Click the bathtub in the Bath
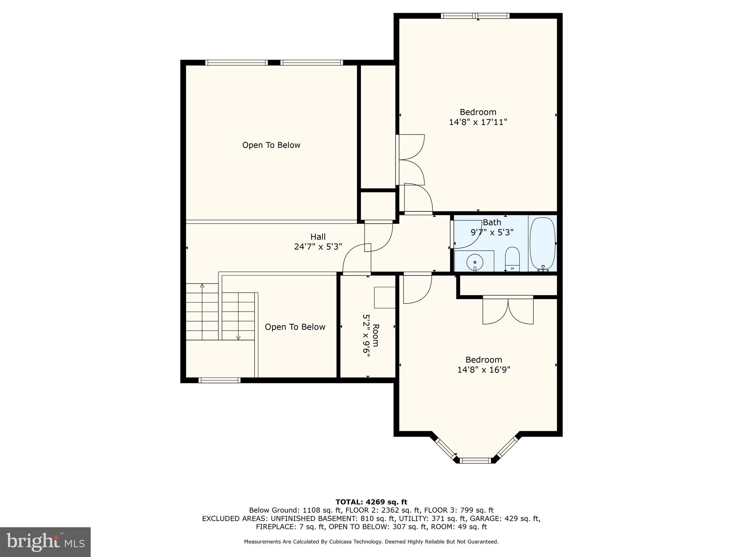coord(542,243)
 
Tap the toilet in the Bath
coord(512,259)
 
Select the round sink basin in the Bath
coord(475,261)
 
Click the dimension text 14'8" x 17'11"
coord(478,122)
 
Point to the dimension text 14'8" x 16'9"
coord(484,370)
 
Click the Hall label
coord(318,237)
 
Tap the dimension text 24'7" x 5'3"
coord(318,247)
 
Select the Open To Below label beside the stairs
coord(295,327)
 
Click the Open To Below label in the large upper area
coord(271,145)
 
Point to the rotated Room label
coord(376,335)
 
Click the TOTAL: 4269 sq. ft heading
coord(371,502)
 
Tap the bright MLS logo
coord(45,542)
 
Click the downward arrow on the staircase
coord(238,337)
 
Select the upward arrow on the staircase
coord(202,286)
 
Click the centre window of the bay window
coord(475,461)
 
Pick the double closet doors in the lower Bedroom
coord(508,310)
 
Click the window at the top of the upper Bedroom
coord(475,16)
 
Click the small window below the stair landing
coord(219,380)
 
